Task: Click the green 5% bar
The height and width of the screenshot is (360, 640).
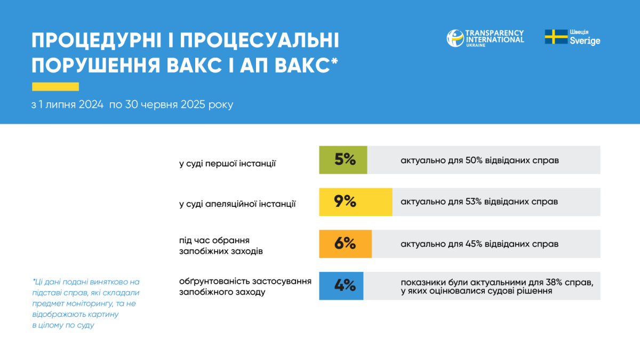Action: (343, 160)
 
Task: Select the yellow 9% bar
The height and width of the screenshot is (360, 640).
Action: (356, 202)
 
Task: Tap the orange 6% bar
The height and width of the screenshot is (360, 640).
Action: (346, 244)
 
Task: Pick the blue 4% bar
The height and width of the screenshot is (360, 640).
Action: (341, 286)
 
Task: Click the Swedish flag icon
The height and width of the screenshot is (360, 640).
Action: (556, 37)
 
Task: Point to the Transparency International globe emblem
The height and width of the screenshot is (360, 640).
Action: (455, 38)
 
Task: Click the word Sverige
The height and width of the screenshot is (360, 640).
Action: (585, 41)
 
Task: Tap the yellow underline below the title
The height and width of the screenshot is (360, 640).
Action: (55, 86)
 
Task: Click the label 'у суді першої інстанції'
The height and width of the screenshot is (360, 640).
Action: (227, 164)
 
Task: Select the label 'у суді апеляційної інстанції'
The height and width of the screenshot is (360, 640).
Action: (237, 204)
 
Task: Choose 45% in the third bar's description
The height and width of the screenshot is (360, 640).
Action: (474, 244)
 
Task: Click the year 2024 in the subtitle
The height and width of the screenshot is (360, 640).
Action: (91, 105)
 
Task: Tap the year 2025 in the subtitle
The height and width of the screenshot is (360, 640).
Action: (193, 105)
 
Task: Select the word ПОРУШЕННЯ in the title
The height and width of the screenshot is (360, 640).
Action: (96, 66)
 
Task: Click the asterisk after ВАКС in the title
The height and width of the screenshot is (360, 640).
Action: (334, 61)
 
